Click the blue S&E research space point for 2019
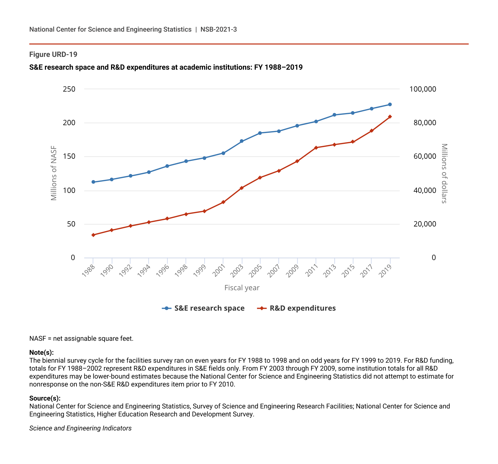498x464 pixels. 390,105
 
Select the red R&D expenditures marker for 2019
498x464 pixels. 390,117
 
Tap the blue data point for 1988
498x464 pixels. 93,182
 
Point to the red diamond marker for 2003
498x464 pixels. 242,188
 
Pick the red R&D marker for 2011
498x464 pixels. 316,148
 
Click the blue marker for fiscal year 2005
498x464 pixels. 260,133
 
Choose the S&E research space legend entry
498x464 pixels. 203,308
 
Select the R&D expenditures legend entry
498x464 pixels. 296,308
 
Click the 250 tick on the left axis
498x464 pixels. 69,89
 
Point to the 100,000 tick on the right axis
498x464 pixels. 423,89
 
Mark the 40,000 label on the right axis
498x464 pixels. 425,190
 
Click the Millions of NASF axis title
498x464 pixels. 54,173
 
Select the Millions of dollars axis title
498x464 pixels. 444,173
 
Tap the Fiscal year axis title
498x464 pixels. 242,288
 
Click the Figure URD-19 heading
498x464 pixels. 53,54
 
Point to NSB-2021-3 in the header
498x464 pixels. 219,29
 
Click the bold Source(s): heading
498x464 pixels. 45,398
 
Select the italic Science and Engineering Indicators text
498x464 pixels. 80,428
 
